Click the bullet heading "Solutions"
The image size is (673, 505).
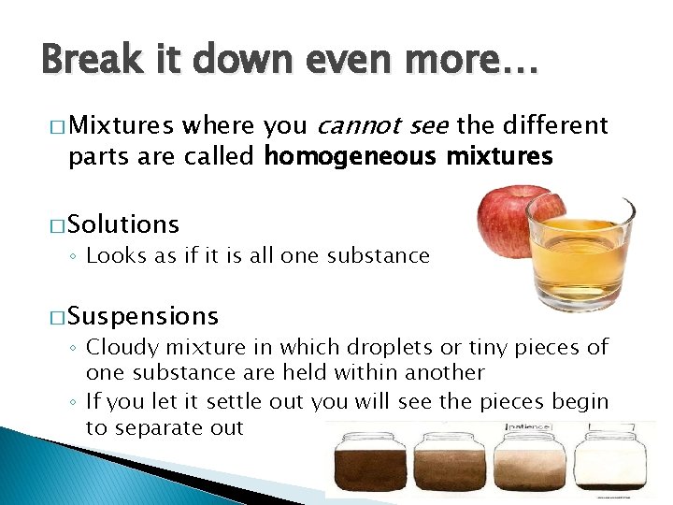point(123,224)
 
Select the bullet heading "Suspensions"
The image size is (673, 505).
point(143,316)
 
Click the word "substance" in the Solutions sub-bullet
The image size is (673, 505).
point(379,255)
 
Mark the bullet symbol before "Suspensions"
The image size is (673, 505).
point(54,317)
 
